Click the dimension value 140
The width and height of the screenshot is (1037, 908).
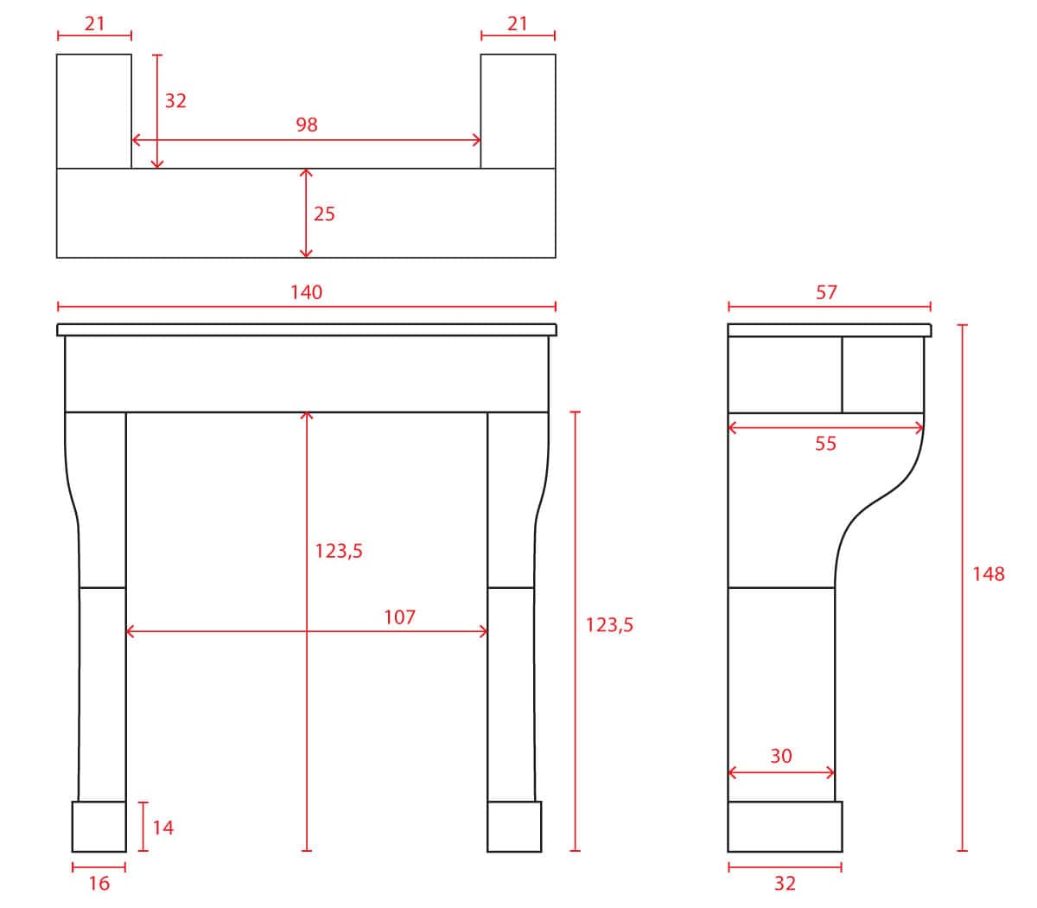click(x=306, y=292)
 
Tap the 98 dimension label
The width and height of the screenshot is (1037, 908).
click(x=307, y=125)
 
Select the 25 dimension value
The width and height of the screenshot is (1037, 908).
click(x=324, y=214)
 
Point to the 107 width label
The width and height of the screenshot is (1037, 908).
click(x=399, y=617)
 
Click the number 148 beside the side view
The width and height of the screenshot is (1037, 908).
click(x=988, y=574)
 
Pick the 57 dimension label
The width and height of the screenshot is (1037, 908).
click(x=826, y=292)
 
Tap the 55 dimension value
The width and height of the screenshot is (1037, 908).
click(x=825, y=444)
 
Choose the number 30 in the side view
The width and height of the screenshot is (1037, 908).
click(x=780, y=756)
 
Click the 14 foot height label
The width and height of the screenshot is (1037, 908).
click(x=162, y=828)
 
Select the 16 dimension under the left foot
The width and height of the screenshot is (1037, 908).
click(x=99, y=884)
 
